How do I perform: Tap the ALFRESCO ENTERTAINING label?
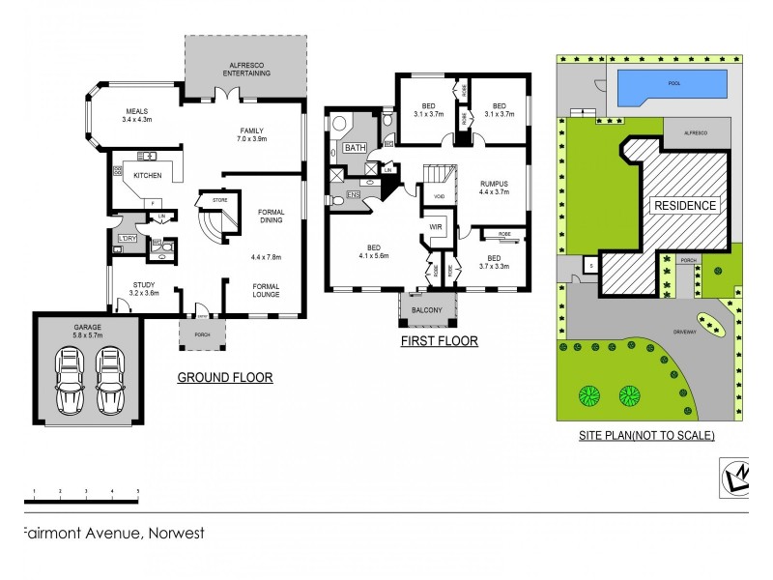(245, 68)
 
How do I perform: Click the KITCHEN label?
(147, 176)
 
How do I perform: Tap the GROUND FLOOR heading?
(224, 378)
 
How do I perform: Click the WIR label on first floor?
(435, 227)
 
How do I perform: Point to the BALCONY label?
(427, 310)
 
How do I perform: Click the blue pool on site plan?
(673, 85)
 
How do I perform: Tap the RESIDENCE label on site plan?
(685, 205)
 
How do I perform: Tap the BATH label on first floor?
(354, 149)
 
